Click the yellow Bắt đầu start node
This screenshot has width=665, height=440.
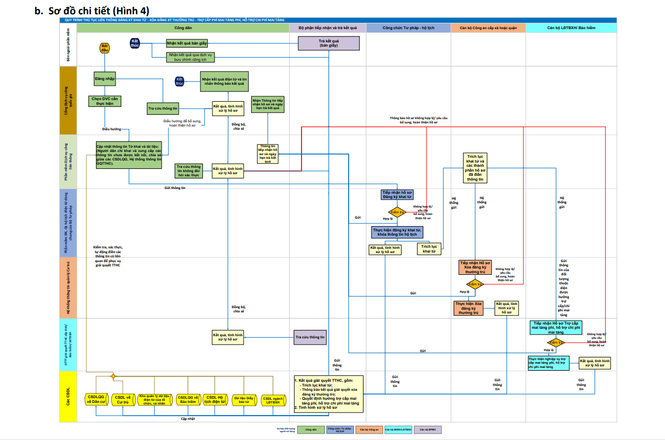coord(104,48)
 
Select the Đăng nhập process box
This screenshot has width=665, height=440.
coord(105,78)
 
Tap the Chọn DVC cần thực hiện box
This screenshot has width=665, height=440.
coord(105,101)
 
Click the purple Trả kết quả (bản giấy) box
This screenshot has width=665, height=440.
coord(329,43)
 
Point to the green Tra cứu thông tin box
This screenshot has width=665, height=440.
coord(163,108)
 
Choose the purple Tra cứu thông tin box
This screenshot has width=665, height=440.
coord(310,337)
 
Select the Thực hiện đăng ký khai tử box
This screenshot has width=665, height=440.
coord(397,232)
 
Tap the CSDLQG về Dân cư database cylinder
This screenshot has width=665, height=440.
coord(97,399)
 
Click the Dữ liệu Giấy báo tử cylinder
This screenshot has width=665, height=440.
coord(244,399)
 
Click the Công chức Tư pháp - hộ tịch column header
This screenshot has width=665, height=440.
coord(408,28)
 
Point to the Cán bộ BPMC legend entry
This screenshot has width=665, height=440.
coord(428,429)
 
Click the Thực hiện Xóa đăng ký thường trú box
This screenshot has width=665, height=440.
coord(468,308)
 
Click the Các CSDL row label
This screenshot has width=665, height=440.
coord(68,397)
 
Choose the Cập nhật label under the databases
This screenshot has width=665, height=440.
coord(188,418)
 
